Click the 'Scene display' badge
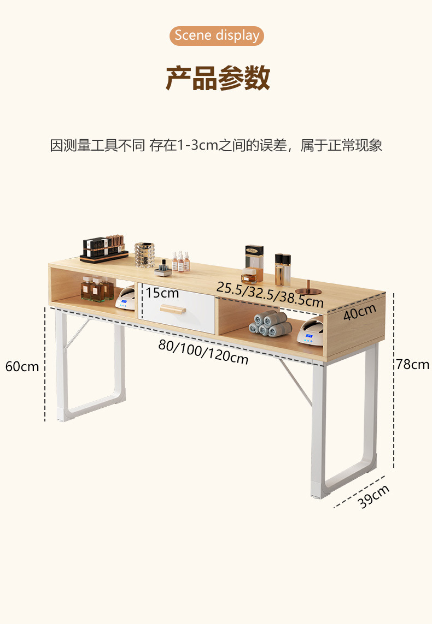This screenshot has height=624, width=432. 217,36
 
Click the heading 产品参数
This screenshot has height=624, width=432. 217,78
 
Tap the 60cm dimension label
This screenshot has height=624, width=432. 22,366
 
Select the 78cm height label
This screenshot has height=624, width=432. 412,365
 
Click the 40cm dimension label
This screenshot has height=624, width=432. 360,313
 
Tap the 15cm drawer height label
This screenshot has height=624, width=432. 162,293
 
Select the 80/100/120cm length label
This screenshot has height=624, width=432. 203,351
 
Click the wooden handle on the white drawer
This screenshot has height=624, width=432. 172,310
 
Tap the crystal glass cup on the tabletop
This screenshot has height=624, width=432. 144,255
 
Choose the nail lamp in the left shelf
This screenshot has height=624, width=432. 125,299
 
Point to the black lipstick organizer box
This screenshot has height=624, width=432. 104,248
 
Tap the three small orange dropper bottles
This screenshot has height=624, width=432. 180,262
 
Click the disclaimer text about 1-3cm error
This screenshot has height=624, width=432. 216,146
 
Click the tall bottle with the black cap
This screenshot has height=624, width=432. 282,269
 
